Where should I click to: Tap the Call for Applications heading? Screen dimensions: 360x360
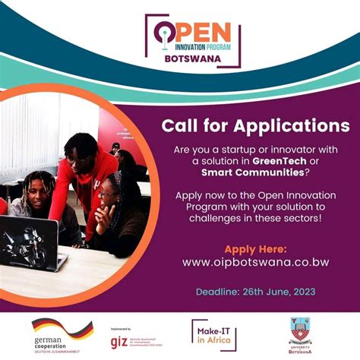(x=255, y=125)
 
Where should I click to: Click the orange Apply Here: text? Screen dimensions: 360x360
(x=255, y=248)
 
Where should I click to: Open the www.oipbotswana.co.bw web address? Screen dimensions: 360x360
(x=255, y=262)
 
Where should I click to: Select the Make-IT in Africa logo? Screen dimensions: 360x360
(x=213, y=335)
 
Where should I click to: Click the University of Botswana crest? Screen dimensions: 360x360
(x=300, y=331)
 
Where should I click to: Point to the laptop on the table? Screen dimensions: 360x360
(x=27, y=242)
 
